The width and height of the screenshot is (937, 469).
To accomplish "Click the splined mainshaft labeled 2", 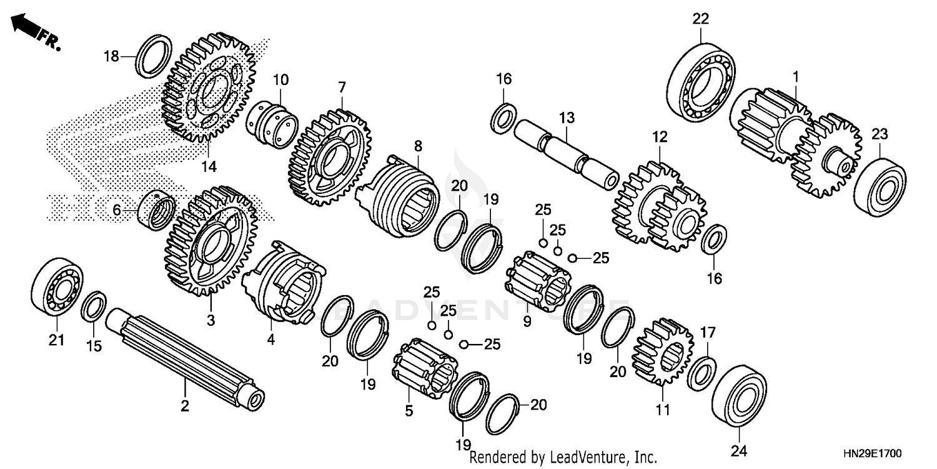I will pos(184,359).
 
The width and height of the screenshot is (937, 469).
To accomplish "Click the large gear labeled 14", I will pos(209,91).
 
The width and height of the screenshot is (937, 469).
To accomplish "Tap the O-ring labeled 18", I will pos(154,57).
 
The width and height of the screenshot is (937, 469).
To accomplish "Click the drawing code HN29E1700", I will pos(875,452).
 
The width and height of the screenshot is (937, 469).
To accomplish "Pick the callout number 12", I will pos(660,136).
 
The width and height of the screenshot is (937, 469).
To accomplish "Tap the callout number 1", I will pos(796,76).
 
